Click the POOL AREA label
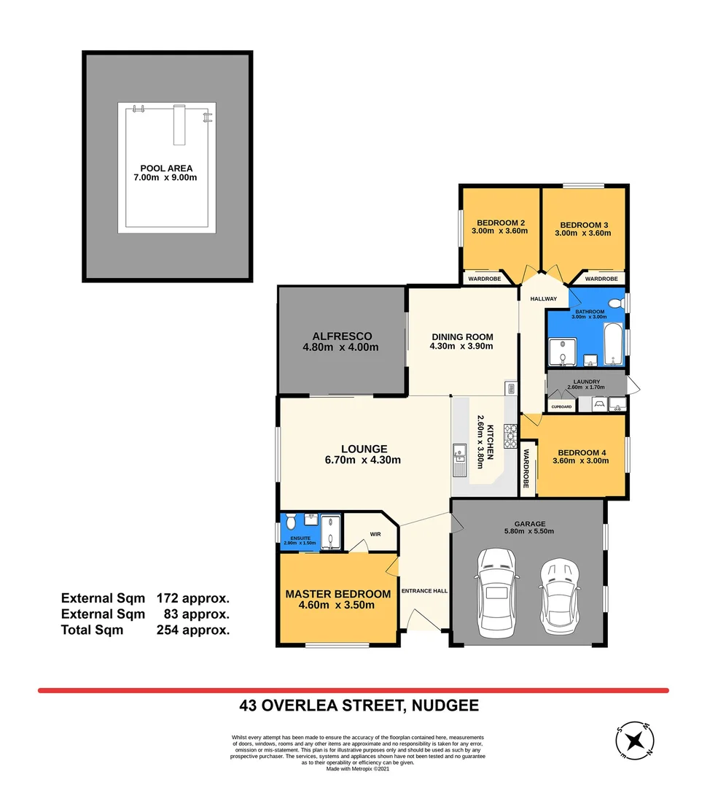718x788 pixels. pos(166,168)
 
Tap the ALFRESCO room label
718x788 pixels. pos(342,336)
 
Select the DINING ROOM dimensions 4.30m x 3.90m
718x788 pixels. pos(462,346)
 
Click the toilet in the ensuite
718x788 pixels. pos(290,522)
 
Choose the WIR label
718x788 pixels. pos(376,534)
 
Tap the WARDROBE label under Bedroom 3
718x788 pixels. pos(601,279)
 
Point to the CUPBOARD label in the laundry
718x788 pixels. pos(561,406)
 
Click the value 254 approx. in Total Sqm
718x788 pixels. pos(193,630)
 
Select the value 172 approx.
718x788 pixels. pos(193,598)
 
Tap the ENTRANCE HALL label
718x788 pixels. pos(424,591)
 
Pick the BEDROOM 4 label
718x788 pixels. pos(581,452)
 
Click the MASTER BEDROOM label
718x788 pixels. pos(337,594)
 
